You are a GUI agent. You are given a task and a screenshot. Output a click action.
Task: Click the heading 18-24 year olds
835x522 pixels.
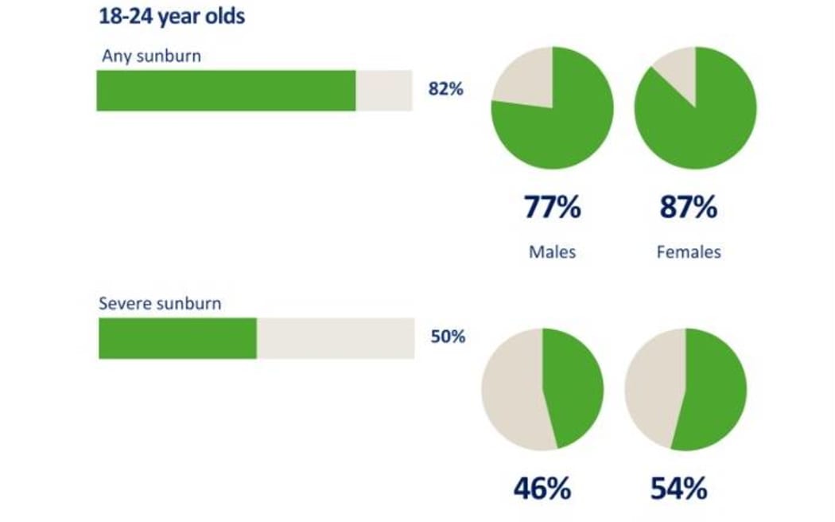171,16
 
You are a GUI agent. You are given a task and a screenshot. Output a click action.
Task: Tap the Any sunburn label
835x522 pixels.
151,56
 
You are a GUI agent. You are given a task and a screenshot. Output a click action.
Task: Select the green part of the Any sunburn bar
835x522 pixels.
226,90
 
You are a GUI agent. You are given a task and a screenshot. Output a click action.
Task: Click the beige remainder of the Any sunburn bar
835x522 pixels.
383,90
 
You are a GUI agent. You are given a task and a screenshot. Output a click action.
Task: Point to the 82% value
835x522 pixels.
445,89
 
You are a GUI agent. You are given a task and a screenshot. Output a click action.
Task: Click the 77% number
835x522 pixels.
552,208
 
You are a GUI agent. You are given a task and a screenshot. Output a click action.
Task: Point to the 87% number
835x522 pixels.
689,208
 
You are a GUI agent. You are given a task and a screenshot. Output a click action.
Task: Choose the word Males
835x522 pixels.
552,252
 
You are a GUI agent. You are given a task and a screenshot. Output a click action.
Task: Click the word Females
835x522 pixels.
689,252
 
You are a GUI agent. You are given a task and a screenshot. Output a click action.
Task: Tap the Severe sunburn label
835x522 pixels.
160,303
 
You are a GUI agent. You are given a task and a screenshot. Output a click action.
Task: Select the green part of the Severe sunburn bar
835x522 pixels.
177,338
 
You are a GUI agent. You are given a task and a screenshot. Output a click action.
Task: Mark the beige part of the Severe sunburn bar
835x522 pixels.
335,338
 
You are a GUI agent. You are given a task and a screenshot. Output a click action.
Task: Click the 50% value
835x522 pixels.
448,337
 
